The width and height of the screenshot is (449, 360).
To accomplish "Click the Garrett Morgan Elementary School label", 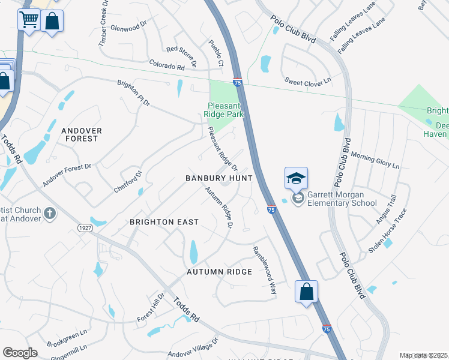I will coord(342,199).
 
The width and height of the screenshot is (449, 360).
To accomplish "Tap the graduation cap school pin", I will coord(296,178).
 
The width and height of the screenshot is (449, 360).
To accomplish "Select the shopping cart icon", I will coord(29,20).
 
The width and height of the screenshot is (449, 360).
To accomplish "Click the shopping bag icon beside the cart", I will coord(52,22).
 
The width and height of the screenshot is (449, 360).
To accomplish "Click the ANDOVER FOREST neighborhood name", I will coord(82,134).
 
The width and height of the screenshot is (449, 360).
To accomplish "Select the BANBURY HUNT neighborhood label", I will coord(218,179).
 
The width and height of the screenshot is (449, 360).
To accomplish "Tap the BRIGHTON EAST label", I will coord(164,222).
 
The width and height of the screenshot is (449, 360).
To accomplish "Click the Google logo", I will coord(20,353).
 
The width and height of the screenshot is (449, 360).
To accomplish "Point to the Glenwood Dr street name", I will coord(128,26).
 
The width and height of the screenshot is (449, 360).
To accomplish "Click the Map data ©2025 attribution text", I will coord(424,355).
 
